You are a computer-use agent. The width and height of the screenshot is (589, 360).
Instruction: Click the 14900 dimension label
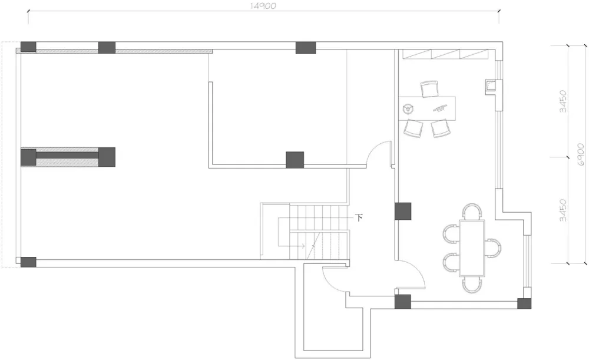[x=263, y=6]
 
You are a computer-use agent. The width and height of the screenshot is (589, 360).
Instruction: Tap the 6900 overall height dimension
[x=581, y=154]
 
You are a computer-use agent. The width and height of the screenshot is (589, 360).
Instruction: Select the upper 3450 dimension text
[x=562, y=101]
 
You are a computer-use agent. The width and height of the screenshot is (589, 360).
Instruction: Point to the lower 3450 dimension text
[x=562, y=210]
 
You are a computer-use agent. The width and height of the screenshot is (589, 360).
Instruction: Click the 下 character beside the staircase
[x=359, y=217]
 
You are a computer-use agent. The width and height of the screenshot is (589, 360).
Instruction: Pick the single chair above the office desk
[x=429, y=89]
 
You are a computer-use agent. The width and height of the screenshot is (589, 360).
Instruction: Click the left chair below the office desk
[x=413, y=128]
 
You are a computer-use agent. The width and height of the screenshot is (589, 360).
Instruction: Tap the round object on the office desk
[x=408, y=110]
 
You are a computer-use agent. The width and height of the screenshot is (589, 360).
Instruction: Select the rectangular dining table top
[x=472, y=249]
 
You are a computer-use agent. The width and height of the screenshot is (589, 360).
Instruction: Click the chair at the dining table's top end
[x=472, y=212]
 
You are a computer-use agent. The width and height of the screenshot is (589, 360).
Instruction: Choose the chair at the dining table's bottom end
[x=472, y=285]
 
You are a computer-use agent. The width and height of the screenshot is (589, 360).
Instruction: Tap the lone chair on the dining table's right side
[x=493, y=247]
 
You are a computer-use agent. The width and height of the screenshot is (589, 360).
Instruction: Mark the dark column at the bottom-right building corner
[x=524, y=303]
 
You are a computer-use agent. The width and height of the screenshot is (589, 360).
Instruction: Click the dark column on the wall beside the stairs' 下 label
[x=403, y=211]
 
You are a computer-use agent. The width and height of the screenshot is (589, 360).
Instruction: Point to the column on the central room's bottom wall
[x=295, y=160]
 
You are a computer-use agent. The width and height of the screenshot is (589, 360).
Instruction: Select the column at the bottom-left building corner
[x=28, y=262]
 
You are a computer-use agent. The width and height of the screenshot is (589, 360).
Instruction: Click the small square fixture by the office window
[x=491, y=86]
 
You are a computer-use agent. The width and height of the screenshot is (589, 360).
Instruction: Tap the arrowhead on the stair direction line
[x=302, y=246]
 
